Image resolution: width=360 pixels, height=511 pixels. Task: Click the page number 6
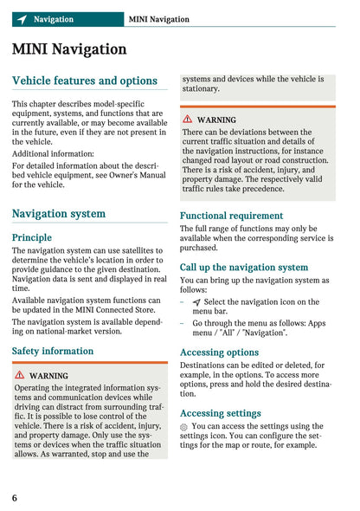click(x=15, y=497)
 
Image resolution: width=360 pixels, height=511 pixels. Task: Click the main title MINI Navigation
click(x=69, y=49)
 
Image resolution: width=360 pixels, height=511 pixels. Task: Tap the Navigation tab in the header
click(x=53, y=19)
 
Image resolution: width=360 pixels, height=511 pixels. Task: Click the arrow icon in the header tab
click(x=22, y=19)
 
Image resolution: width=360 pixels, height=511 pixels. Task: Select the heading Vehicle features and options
click(x=85, y=81)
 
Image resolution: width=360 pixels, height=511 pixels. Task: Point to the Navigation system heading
click(x=59, y=213)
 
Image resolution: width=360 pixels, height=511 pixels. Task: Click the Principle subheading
click(x=32, y=237)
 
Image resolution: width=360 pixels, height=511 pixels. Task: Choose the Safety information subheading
click(x=53, y=351)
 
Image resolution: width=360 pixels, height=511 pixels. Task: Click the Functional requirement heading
click(x=231, y=216)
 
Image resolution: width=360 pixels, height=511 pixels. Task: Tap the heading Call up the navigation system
click(x=244, y=268)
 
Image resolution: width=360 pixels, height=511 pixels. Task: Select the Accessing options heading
click(x=219, y=353)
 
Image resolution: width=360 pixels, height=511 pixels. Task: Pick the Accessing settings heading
click(x=221, y=413)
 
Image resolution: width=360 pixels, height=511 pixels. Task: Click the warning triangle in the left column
click(x=19, y=376)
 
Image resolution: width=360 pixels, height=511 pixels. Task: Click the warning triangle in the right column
click(x=187, y=120)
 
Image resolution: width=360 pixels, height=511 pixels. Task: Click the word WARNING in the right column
click(x=216, y=120)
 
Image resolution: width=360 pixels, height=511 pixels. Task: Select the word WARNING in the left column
click(x=48, y=376)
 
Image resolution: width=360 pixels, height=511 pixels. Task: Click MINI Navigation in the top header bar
click(x=158, y=19)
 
